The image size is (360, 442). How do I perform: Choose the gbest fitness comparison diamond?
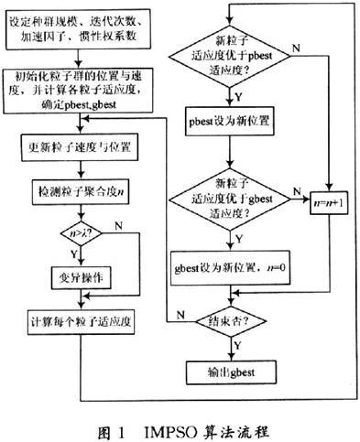point(237,194)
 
